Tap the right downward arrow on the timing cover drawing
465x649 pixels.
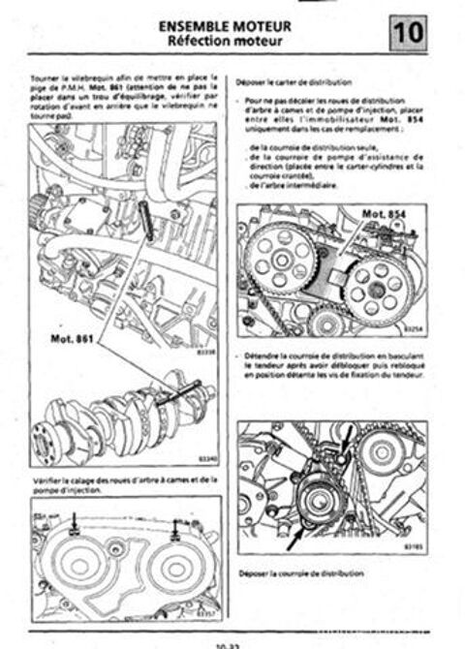[175, 528]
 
